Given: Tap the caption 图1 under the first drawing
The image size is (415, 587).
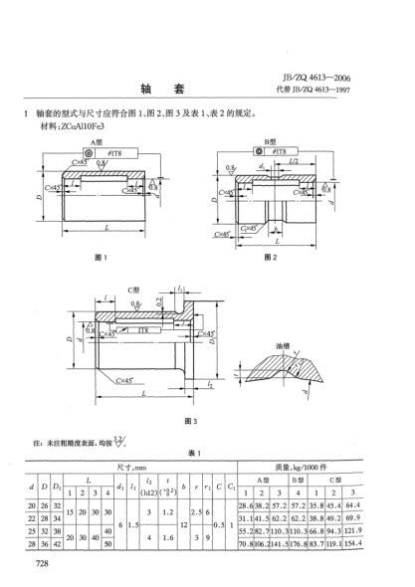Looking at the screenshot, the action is coord(99,258).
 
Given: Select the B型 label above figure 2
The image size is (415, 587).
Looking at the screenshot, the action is coord(268,141).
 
